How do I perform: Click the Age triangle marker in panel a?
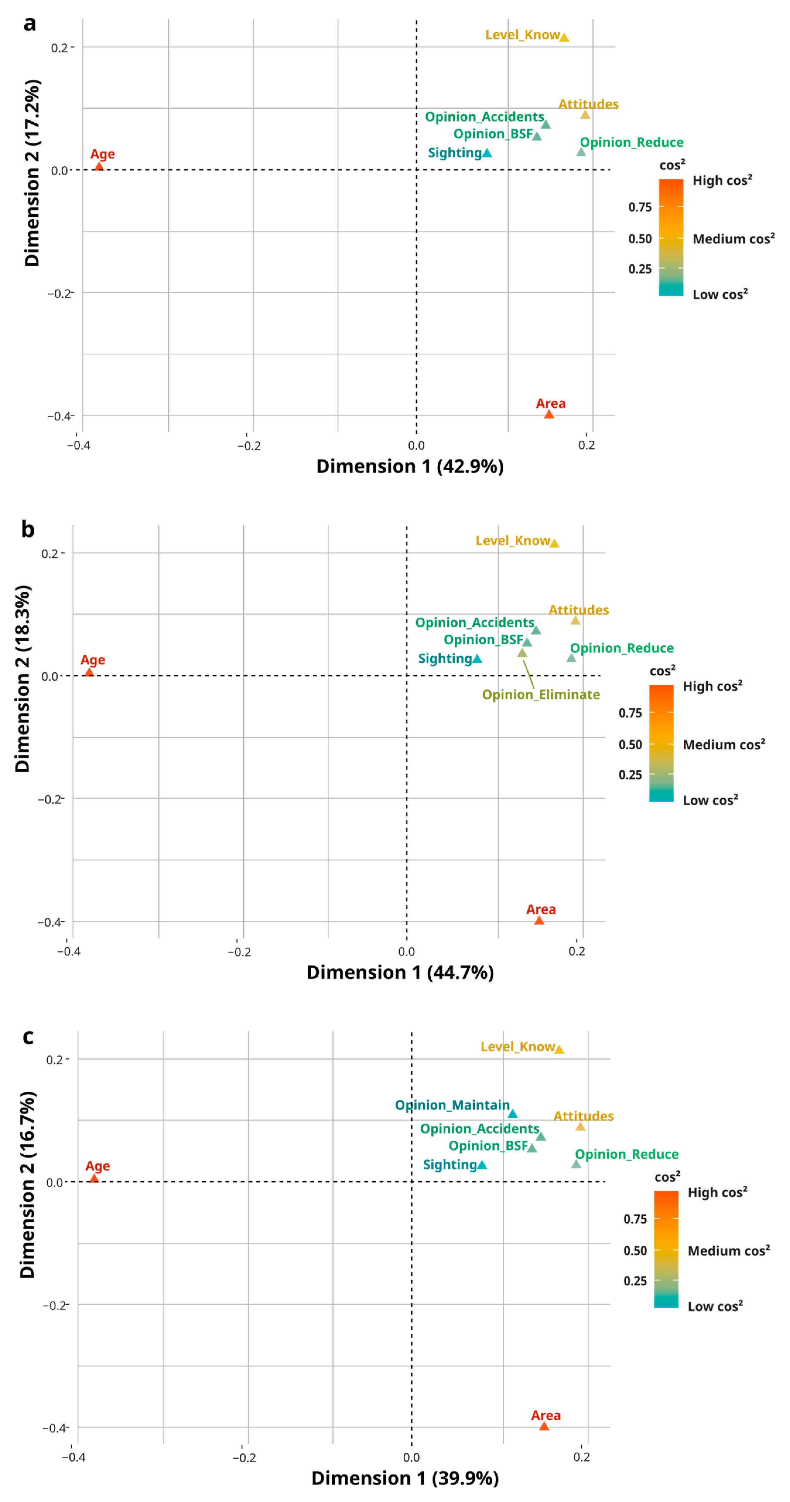click(x=99, y=167)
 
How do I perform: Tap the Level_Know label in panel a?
click(x=522, y=35)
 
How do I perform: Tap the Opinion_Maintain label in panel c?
click(x=452, y=1105)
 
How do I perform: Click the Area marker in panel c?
click(x=544, y=1426)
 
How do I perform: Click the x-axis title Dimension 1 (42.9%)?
click(x=410, y=467)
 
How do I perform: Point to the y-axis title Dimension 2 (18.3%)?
click(x=23, y=679)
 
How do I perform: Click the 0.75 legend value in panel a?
click(x=639, y=207)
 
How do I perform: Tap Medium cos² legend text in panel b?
click(x=724, y=745)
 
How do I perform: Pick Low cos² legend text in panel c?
click(x=715, y=1306)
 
